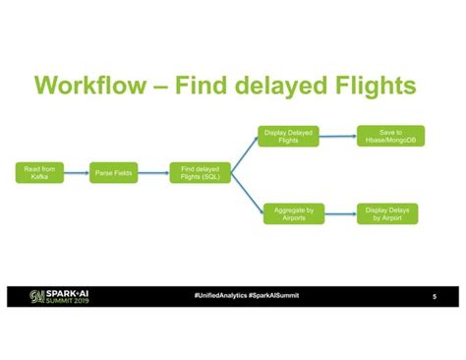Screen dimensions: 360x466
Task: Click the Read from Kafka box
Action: [x=39, y=174]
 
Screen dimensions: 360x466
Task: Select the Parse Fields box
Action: [x=115, y=174]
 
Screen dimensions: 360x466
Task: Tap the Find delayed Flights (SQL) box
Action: [x=201, y=174]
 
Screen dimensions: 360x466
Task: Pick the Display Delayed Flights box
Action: [x=288, y=137]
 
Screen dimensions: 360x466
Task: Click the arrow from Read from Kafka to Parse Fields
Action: [x=77, y=174]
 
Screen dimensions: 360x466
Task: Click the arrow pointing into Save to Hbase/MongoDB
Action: [x=338, y=137]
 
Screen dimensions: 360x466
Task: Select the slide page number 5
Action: [x=435, y=296]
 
